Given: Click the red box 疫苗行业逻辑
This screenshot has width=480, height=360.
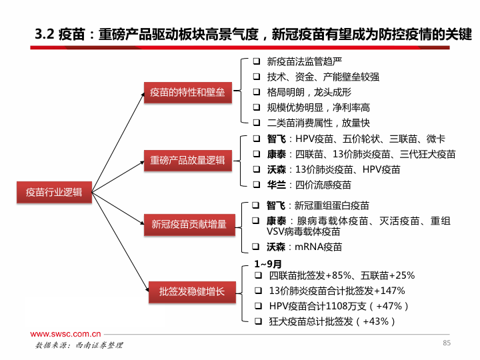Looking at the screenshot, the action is click(54, 192).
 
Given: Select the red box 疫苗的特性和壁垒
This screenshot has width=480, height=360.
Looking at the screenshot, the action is click(187, 93).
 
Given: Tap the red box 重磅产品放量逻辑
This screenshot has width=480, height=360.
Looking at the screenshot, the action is click(187, 161).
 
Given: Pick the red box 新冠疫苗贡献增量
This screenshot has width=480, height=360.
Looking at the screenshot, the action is click(189, 225).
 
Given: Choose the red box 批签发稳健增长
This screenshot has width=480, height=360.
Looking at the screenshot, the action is click(192, 292).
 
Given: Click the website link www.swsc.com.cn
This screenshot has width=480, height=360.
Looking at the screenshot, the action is click(65, 334).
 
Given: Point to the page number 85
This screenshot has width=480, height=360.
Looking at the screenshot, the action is click(447, 343).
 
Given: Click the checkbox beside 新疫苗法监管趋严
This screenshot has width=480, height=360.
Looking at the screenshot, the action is click(257, 61).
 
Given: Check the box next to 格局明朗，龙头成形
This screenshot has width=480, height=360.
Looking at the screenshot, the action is click(257, 92).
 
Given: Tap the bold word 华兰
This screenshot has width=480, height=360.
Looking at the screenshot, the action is click(277, 185).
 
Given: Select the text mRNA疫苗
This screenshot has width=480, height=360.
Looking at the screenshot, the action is click(319, 247).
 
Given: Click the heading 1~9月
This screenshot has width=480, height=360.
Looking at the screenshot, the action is click(268, 264).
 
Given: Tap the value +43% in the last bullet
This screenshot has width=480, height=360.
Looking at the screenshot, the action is click(375, 321).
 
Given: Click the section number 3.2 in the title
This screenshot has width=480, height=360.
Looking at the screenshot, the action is click(45, 34).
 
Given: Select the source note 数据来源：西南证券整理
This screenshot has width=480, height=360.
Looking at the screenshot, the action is click(79, 345).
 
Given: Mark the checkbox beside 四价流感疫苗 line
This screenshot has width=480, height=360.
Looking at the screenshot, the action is click(257, 185).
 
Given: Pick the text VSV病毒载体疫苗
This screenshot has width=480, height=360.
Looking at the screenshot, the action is click(303, 232).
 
